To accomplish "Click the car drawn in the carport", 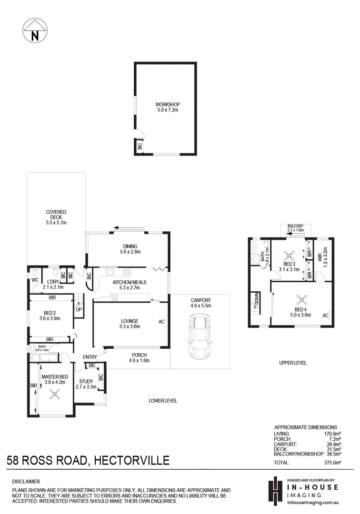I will pos(199,337).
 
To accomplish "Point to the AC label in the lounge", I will pos(161,322).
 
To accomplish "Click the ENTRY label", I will pos(90,357).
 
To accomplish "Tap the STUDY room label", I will pos(86,381).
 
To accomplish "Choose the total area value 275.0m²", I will pos(331,462).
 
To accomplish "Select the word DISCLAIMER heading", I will pos(26,482).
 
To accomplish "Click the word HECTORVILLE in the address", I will pos(132,460).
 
